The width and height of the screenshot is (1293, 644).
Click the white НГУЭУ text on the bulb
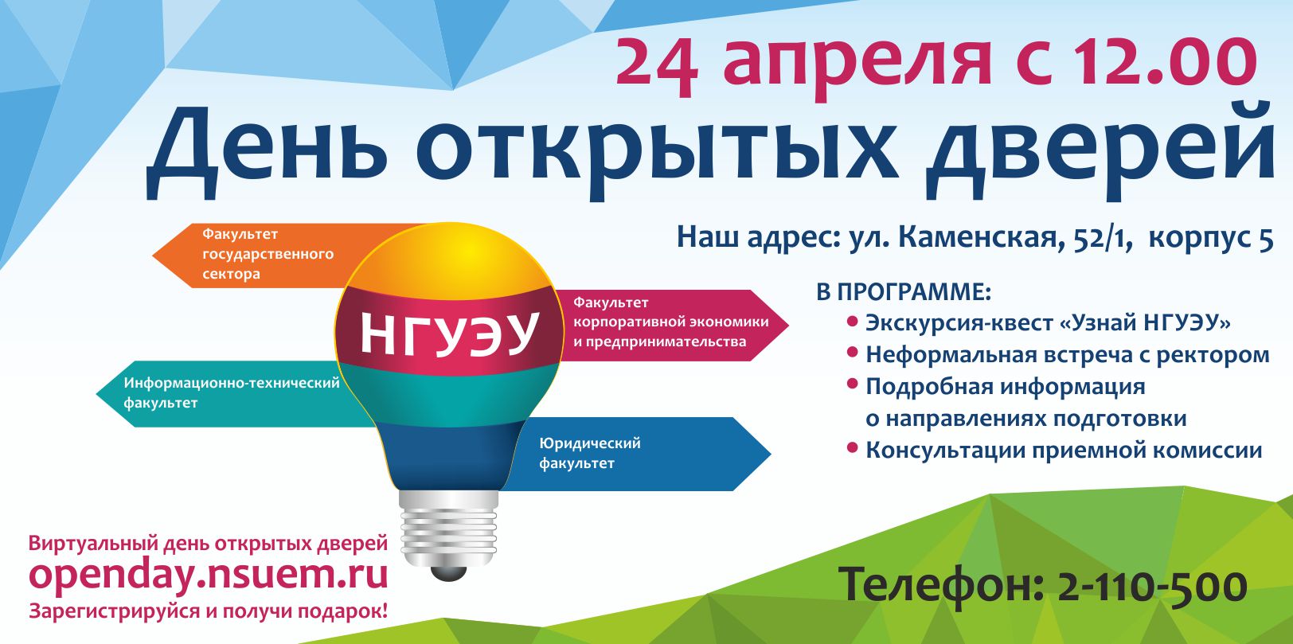click(x=449, y=333)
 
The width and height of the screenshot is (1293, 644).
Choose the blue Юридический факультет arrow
click(x=635, y=454)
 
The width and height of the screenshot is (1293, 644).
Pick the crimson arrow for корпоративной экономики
click(x=673, y=325)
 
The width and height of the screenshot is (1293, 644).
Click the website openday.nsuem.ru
click(x=209, y=576)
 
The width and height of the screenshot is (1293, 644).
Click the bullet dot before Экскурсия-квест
click(x=852, y=321)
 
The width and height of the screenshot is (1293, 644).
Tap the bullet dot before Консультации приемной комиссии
click(x=852, y=447)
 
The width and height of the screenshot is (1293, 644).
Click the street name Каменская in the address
click(x=980, y=238)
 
